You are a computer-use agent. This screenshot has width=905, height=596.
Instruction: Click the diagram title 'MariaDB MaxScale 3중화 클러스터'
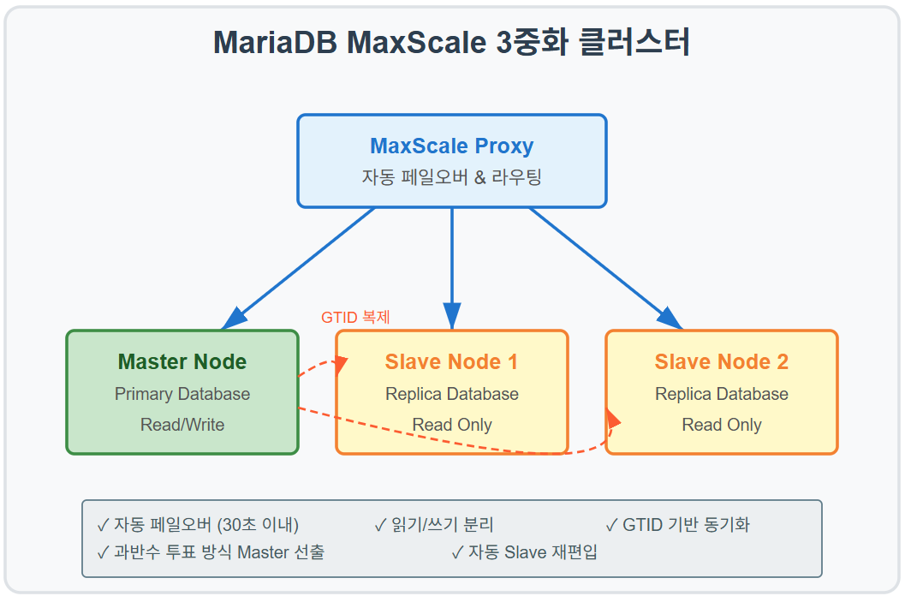pyautogui.click(x=451, y=43)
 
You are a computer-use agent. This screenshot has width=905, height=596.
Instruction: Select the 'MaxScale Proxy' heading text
pyautogui.click(x=451, y=146)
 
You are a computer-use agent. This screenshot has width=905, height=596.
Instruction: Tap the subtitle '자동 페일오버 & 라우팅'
pyautogui.click(x=451, y=177)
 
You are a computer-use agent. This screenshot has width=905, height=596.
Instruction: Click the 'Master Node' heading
pyautogui.click(x=182, y=362)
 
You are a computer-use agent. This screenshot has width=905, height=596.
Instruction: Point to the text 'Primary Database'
pyautogui.click(x=182, y=394)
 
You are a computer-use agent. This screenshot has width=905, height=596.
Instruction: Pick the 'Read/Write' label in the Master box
pyautogui.click(x=182, y=425)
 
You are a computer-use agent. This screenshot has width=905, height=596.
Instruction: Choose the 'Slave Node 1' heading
pyautogui.click(x=451, y=362)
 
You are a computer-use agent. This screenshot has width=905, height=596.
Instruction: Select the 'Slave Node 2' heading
pyautogui.click(x=721, y=362)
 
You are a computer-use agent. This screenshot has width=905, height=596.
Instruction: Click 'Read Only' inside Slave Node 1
pyautogui.click(x=451, y=425)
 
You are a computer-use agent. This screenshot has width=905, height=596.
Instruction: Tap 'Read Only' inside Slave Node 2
pyautogui.click(x=721, y=425)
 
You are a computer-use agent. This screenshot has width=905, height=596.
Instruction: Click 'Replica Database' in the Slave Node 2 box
pyautogui.click(x=721, y=394)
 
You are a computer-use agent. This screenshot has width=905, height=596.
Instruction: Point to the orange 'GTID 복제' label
pyautogui.click(x=355, y=317)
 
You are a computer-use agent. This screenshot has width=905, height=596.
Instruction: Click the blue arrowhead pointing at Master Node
pyautogui.click(x=233, y=320)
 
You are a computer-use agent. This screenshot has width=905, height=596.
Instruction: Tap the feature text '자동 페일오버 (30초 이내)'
pyautogui.click(x=205, y=525)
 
